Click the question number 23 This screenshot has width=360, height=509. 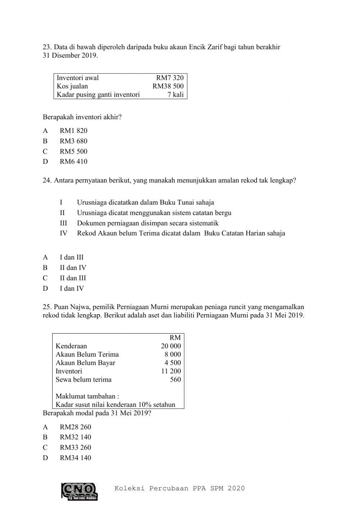click(47, 47)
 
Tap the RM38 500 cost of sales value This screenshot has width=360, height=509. click(168, 86)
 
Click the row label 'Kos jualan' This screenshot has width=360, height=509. click(72, 86)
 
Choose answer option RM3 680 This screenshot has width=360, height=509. click(73, 141)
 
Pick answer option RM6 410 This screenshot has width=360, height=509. click(73, 162)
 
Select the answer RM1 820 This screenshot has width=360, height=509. click(73, 131)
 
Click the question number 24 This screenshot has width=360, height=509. click(47, 180)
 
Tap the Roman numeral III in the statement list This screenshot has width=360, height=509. click(63, 223)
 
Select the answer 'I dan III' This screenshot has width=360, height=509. click(72, 257)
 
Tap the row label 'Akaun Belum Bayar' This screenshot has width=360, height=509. click(85, 363)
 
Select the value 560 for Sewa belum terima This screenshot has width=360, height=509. click(175, 379)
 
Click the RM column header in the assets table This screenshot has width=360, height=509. click(175, 338)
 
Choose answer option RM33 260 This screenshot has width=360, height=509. click(75, 447)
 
